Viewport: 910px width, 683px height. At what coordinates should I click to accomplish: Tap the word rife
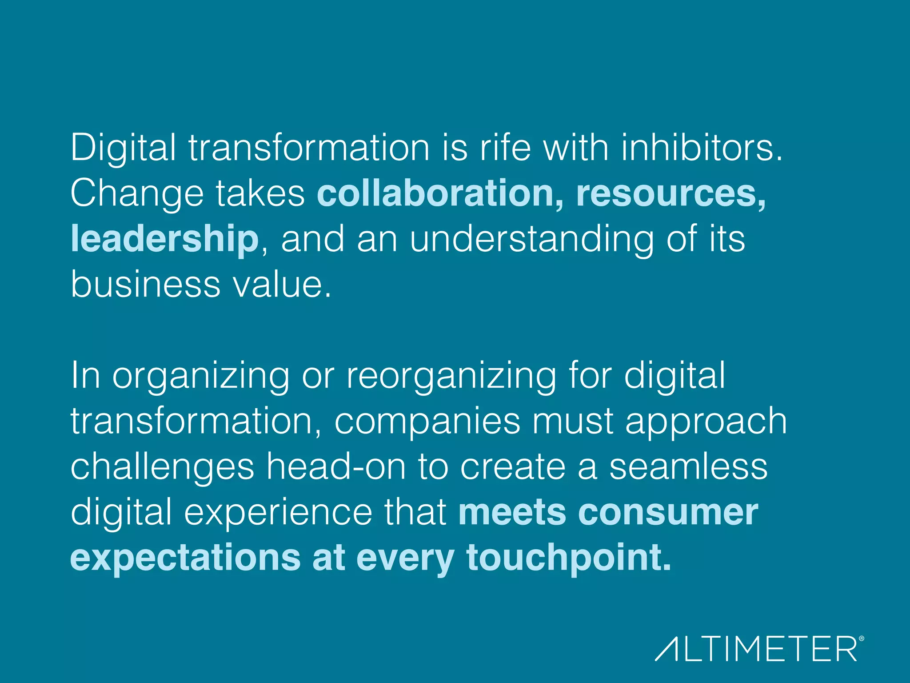(x=505, y=148)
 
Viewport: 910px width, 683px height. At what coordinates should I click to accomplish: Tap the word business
(x=145, y=285)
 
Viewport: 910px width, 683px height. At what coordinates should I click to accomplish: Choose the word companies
(x=427, y=422)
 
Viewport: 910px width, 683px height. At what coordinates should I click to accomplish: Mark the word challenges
(x=162, y=468)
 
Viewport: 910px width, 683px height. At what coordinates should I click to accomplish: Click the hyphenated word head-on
(x=336, y=467)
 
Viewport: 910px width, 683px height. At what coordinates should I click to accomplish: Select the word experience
(x=278, y=513)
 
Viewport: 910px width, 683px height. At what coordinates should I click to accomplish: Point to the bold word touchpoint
(x=568, y=558)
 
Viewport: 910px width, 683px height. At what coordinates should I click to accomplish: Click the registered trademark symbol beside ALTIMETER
(x=861, y=639)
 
